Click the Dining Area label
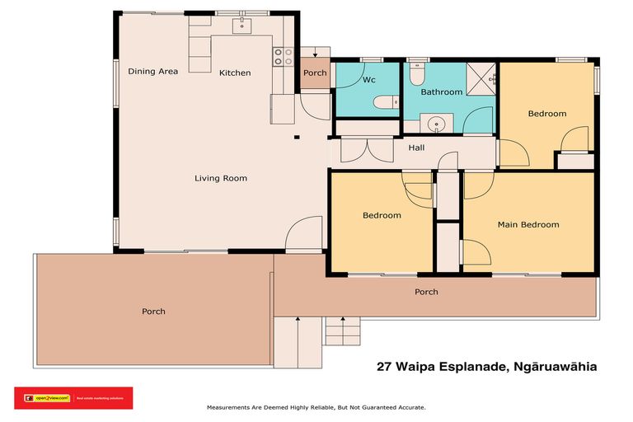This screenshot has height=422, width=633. click(x=153, y=72)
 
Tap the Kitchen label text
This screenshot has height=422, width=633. click(x=235, y=73)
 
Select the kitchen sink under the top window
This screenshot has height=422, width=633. click(x=241, y=26)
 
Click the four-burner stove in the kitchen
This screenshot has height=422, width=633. click(x=284, y=56)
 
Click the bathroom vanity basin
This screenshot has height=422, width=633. click(x=437, y=124)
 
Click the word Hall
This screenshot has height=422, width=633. click(x=416, y=148)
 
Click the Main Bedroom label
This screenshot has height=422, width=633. click(x=528, y=224)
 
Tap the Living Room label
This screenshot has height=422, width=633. click(x=221, y=178)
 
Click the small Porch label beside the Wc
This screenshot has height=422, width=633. click(x=315, y=73)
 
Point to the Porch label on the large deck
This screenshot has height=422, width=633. click(x=153, y=312)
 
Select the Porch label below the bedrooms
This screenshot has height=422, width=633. click(x=426, y=293)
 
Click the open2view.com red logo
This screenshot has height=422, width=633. click(x=73, y=397)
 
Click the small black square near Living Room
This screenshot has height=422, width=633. click(x=298, y=136)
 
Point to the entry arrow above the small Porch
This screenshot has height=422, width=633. click(x=315, y=54)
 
